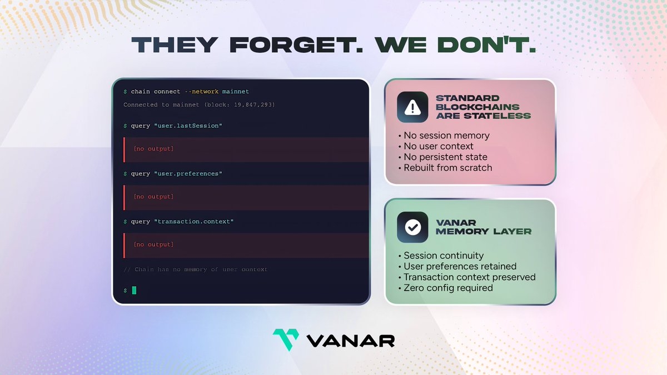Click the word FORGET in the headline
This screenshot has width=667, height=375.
coord(296,45)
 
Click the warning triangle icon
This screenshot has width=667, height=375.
coord(412,107)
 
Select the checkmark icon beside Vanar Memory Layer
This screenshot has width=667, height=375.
coord(412,227)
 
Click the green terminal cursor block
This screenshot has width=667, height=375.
coord(134,290)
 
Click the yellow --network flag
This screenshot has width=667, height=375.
coord(202,92)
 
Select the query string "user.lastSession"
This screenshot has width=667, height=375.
coord(188,126)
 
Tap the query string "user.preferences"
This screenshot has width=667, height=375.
coord(188,174)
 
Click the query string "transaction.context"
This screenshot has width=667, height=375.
coord(193,222)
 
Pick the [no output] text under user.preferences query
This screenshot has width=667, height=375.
coord(153,197)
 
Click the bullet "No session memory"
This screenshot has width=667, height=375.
coord(444,136)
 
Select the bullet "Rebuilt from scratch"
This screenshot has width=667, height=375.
coord(445,168)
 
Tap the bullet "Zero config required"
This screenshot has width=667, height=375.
coord(445,288)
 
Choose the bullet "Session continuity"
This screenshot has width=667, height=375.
coord(441,256)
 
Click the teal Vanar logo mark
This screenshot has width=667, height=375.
coord(286,339)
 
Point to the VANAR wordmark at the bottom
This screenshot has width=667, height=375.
coord(351,341)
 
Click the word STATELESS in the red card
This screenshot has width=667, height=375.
coord(497,116)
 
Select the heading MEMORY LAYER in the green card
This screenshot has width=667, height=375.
coord(484,232)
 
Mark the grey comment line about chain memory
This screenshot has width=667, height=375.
coord(195,269)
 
